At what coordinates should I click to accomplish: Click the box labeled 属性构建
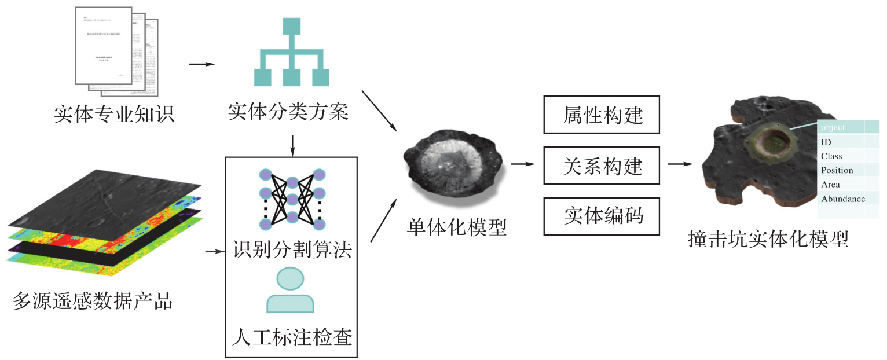[602, 114]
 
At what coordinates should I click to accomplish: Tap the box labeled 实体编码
[602, 216]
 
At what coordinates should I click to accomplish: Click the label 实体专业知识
[114, 113]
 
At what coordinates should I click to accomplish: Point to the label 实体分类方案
[288, 112]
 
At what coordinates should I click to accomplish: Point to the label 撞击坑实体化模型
[768, 239]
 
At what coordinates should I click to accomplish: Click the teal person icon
[289, 290]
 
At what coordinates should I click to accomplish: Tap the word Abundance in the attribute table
[843, 199]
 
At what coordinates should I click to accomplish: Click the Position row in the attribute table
[837, 170]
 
